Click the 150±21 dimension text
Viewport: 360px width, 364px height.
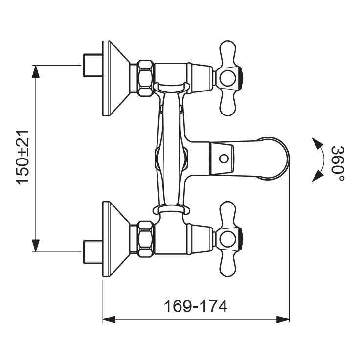[23, 158]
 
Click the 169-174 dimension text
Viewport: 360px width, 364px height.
[196, 306]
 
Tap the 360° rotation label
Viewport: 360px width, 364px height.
[337, 163]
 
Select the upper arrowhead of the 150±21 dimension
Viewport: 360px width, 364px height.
[35, 71]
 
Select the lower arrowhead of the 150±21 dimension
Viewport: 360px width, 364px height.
[35, 246]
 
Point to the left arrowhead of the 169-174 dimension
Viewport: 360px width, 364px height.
[109, 319]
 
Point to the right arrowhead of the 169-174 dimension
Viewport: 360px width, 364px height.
[283, 319]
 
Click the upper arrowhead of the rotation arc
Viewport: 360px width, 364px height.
[317, 143]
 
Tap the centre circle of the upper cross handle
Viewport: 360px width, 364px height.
[228, 78]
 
